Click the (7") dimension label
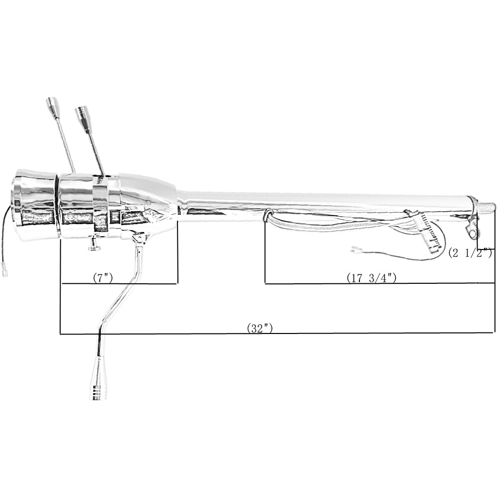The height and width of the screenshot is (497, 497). pos(103,278)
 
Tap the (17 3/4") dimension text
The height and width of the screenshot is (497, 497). pos(371,278)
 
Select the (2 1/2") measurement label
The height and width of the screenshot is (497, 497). pos(470,253)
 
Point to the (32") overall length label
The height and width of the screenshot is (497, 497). pos(260,328)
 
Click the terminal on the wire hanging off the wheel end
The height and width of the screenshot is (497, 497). pos(5,271)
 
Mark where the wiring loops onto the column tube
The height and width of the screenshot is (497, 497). pos(269,215)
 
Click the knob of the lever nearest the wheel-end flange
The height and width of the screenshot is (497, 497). pos(52,104)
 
